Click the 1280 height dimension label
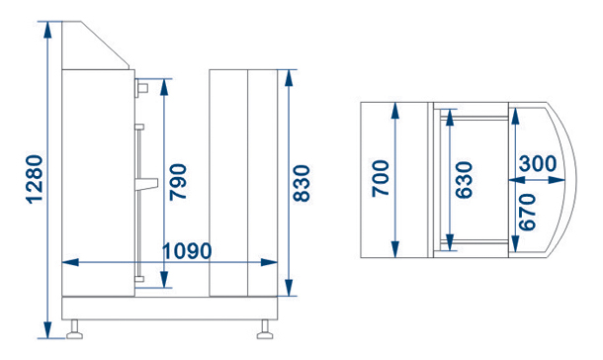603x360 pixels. coord(35,179)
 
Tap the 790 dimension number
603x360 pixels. coord(179,182)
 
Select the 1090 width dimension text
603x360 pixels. coord(187,251)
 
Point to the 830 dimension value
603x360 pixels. coord(301,184)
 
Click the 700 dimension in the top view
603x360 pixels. coord(381,179)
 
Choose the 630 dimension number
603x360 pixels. coord(464,180)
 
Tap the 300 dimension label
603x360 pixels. coord(538,163)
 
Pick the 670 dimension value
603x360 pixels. coord(527,212)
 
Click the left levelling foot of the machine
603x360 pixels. coord(74,330)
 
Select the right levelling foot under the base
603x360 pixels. coord(265,330)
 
